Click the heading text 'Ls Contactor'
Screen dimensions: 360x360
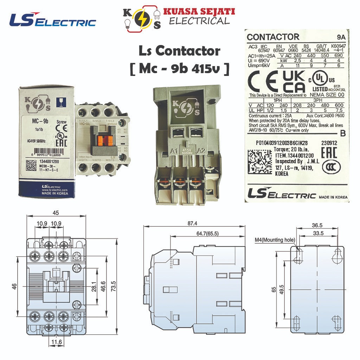[x=180, y=51]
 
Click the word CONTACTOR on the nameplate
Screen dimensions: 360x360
[x=273, y=37]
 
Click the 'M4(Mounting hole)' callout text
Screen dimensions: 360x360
[x=275, y=240]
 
